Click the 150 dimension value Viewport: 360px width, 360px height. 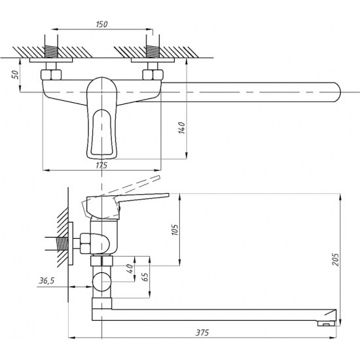coord(101,24)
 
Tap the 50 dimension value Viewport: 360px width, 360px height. coord(16,75)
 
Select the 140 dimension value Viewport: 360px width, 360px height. coord(181,128)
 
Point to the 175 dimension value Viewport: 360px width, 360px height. coord(101,165)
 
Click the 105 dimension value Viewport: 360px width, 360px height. coord(175,229)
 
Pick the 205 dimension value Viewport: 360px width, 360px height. coord(336,259)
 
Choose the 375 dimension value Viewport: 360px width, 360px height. coord(202,333)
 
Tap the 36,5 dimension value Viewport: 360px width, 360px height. coord(46,281)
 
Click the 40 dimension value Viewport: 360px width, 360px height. coord(130,268)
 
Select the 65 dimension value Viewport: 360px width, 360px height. coord(145,277)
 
